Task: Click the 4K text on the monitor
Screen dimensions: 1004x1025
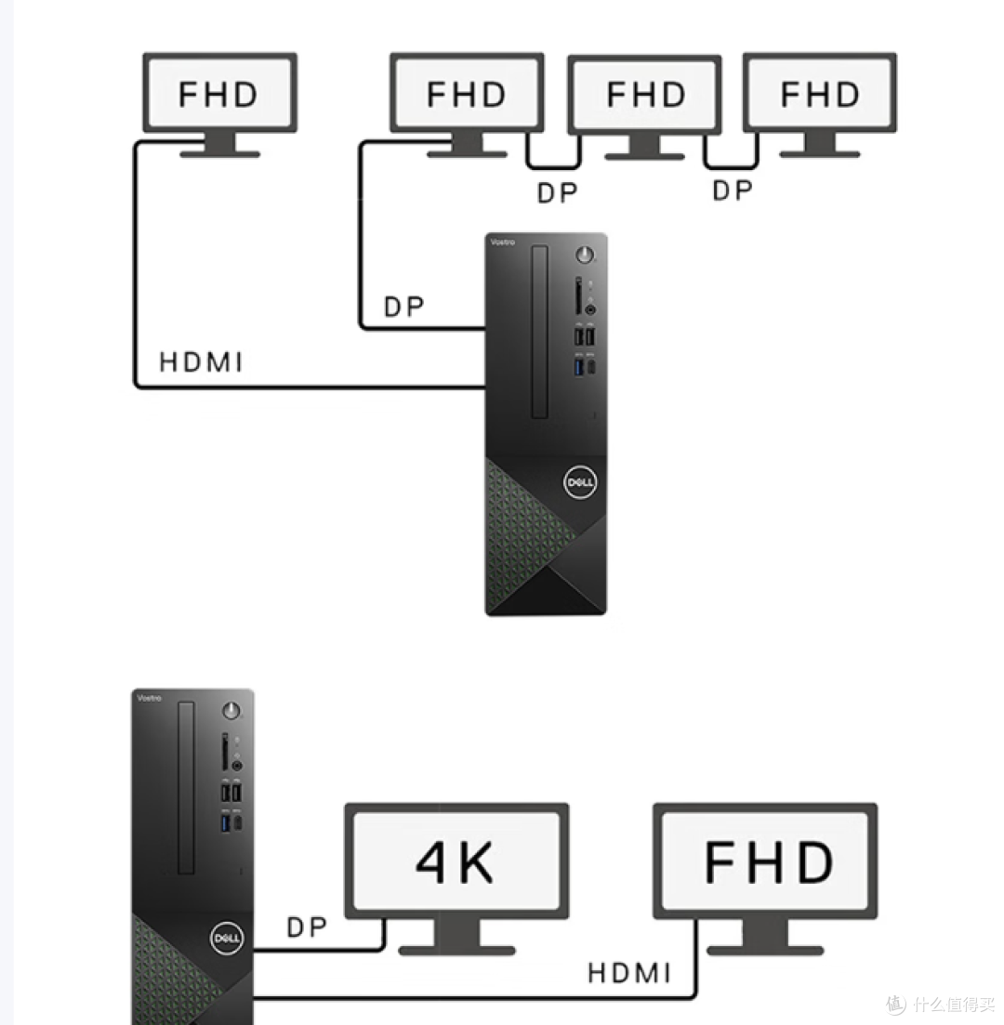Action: click(455, 862)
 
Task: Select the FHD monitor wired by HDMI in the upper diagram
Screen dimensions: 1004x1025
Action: click(219, 103)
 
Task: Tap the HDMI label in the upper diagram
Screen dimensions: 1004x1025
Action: click(201, 362)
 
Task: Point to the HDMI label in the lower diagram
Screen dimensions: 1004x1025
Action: click(629, 973)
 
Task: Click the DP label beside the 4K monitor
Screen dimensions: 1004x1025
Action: click(306, 926)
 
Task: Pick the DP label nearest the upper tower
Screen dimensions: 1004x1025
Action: click(403, 307)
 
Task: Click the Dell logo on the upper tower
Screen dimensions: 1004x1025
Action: click(580, 482)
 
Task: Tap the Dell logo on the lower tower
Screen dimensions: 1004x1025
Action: click(227, 938)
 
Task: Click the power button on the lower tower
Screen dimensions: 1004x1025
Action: click(231, 711)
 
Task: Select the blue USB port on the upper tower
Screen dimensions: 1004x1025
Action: click(578, 367)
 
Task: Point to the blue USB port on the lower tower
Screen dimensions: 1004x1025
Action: click(226, 823)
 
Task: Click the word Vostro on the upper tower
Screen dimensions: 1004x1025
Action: click(503, 242)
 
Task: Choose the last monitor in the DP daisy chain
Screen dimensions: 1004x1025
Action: click(820, 105)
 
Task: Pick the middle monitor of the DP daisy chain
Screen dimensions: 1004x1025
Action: click(645, 107)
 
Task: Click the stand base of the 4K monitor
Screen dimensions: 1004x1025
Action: click(456, 950)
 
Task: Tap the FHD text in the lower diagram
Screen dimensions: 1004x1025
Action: click(769, 862)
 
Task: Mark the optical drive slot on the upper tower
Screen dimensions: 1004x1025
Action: click(539, 332)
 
